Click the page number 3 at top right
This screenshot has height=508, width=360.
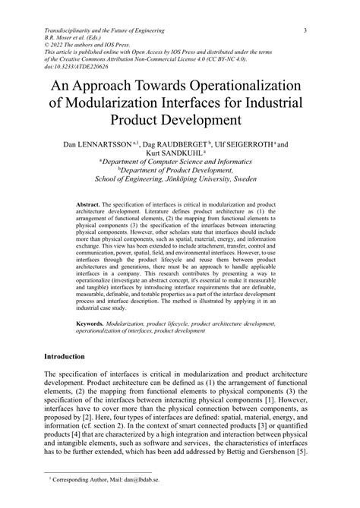(305, 30)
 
